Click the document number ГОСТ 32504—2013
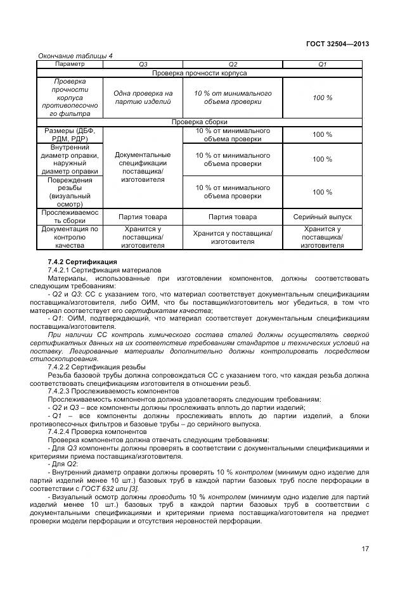tap(337, 44)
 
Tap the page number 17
tap(365, 549)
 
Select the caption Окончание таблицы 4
tap(75, 56)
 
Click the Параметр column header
tap(70, 64)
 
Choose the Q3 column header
tap(143, 65)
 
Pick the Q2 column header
tap(233, 65)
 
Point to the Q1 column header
tap(322, 65)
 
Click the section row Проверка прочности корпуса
tap(200, 73)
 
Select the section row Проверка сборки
tap(200, 122)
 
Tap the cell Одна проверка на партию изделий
tap(143, 97)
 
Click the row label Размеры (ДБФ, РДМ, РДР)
tap(70, 134)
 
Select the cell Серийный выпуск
tap(322, 217)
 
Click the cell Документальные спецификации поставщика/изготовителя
tap(143, 167)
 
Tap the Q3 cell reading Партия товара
tap(143, 217)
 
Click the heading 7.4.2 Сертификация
tap(82, 261)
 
